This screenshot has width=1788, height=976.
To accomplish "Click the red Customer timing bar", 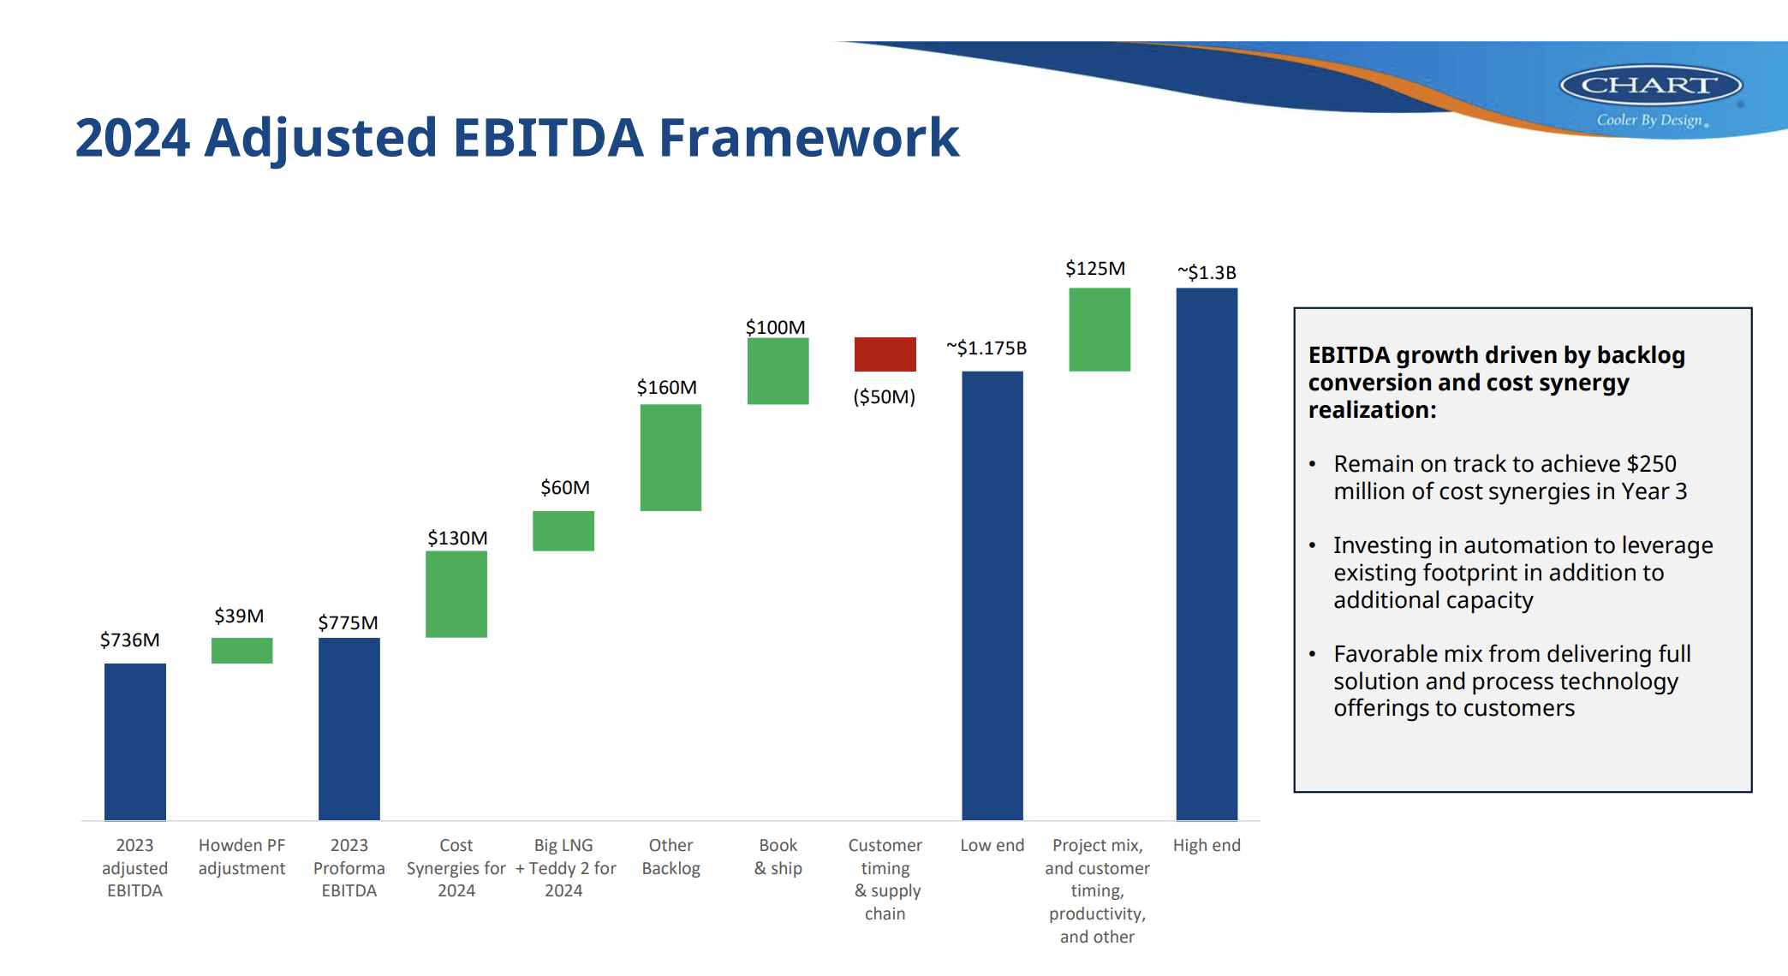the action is click(885, 354).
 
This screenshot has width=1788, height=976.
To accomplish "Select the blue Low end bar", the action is click(992, 595).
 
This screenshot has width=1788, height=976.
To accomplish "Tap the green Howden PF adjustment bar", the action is click(242, 650).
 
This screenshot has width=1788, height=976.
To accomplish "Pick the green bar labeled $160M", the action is click(670, 457).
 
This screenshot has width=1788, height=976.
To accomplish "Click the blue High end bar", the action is click(1207, 554).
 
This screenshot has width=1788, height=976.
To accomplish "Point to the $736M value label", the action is click(130, 640).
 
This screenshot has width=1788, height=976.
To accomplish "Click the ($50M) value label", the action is click(885, 396).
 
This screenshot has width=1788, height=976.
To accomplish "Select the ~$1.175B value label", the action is click(986, 348).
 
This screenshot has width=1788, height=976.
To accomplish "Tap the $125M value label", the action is click(1095, 268).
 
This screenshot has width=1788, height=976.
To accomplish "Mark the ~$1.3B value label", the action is click(1207, 272).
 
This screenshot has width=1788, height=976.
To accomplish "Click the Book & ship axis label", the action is click(778, 856).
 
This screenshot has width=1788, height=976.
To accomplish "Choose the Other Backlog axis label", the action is click(670, 856).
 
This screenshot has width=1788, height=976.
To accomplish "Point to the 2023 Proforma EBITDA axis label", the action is click(349, 867).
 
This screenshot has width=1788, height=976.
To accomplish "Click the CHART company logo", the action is click(1651, 86).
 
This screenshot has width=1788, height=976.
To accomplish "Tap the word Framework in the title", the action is click(809, 137).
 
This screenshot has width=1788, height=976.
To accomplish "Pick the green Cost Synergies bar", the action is click(456, 593).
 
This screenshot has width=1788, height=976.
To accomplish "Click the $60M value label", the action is click(565, 487).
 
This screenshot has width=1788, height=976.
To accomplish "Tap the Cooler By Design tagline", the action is click(1650, 120).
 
